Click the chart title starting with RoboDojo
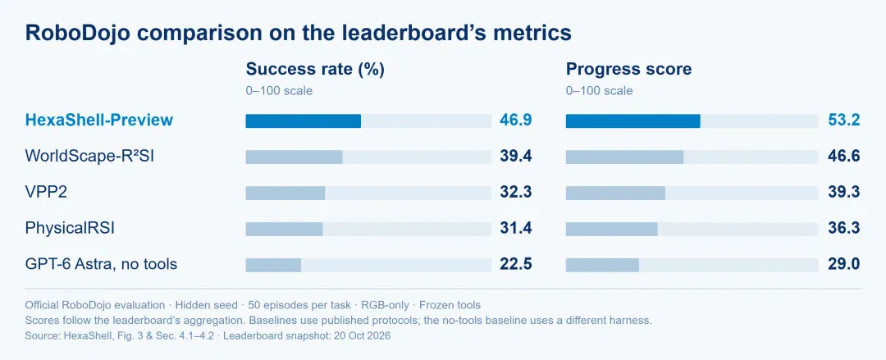299,34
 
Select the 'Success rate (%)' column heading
315,70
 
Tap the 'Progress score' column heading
629,70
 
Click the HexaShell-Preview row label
99,120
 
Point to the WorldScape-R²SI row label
89,156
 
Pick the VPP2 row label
46,192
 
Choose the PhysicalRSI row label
74,228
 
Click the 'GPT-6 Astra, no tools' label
101,264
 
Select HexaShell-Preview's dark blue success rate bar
304,121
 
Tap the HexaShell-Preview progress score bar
633,121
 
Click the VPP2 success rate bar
285,193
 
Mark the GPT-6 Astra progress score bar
602,265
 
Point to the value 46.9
516,121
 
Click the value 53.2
843,121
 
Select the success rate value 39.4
516,157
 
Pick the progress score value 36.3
843,228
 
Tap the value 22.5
516,264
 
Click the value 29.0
843,264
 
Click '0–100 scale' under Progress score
600,90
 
